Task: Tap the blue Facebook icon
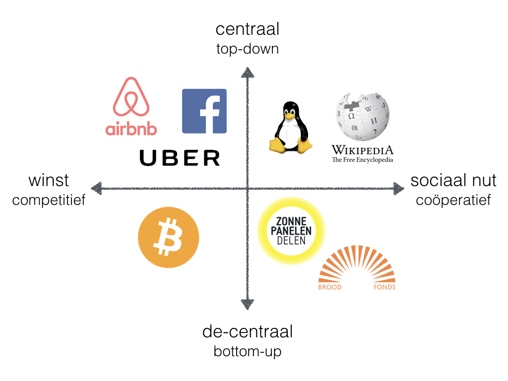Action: (204, 111)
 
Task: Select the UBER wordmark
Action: (180, 158)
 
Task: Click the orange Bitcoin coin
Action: (168, 237)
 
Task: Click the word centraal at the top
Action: (247, 29)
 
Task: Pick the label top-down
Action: (247, 49)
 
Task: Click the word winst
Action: (49, 180)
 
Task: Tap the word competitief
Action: (49, 200)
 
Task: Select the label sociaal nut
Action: (453, 180)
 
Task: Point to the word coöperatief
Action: (453, 200)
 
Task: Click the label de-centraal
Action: (247, 331)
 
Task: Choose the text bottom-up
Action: (247, 351)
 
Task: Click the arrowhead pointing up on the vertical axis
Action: (247, 72)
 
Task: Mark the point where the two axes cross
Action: (247, 189)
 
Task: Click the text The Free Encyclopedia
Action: (362, 160)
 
